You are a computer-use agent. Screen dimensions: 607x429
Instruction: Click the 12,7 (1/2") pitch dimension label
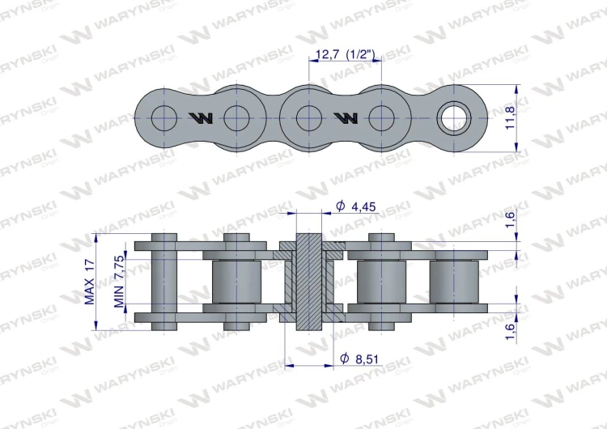click(x=346, y=54)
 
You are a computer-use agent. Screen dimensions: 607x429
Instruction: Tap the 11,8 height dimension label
click(x=511, y=117)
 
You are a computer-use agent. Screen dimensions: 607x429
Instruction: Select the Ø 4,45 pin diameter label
click(x=356, y=206)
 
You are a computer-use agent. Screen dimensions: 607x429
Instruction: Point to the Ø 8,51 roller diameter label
click(x=359, y=359)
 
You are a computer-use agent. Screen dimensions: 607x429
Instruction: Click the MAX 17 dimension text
click(x=89, y=282)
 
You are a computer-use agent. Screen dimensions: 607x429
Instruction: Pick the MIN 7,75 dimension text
click(x=120, y=282)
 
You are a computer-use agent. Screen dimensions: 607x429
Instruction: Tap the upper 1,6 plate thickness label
click(x=511, y=219)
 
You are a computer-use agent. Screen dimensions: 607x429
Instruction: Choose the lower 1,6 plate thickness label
click(x=511, y=331)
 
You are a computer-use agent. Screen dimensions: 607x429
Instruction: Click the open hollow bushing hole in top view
click(x=454, y=118)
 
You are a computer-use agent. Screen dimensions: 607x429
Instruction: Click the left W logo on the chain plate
click(x=201, y=118)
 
